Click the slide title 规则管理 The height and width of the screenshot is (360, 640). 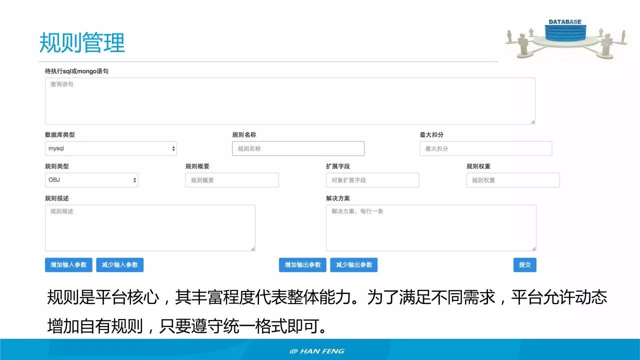pos(82,43)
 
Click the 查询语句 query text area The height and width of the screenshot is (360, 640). pos(290,101)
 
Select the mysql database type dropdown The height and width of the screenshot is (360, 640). pos(110,148)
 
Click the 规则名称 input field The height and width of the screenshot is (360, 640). pos(298,148)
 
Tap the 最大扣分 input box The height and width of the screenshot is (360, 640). pos(485,148)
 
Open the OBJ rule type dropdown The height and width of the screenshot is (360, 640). pos(91,180)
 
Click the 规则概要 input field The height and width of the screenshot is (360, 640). pos(232,180)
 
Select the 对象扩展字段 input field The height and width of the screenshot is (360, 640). pos(372,180)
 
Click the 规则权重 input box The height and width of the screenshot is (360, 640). pos(513,180)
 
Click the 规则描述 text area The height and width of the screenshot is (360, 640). pos(150,227)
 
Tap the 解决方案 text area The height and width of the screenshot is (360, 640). pos(431,227)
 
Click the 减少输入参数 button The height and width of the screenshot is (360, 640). pos(120,264)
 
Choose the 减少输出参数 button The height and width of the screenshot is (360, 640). pos(353,264)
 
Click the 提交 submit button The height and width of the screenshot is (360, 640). pos(524,264)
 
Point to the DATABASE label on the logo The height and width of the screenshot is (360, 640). pos(565,22)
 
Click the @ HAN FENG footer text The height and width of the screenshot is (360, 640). pos(317,351)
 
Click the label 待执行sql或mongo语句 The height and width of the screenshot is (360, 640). pos(76,71)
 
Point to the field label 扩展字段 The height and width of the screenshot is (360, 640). pos(338,166)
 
